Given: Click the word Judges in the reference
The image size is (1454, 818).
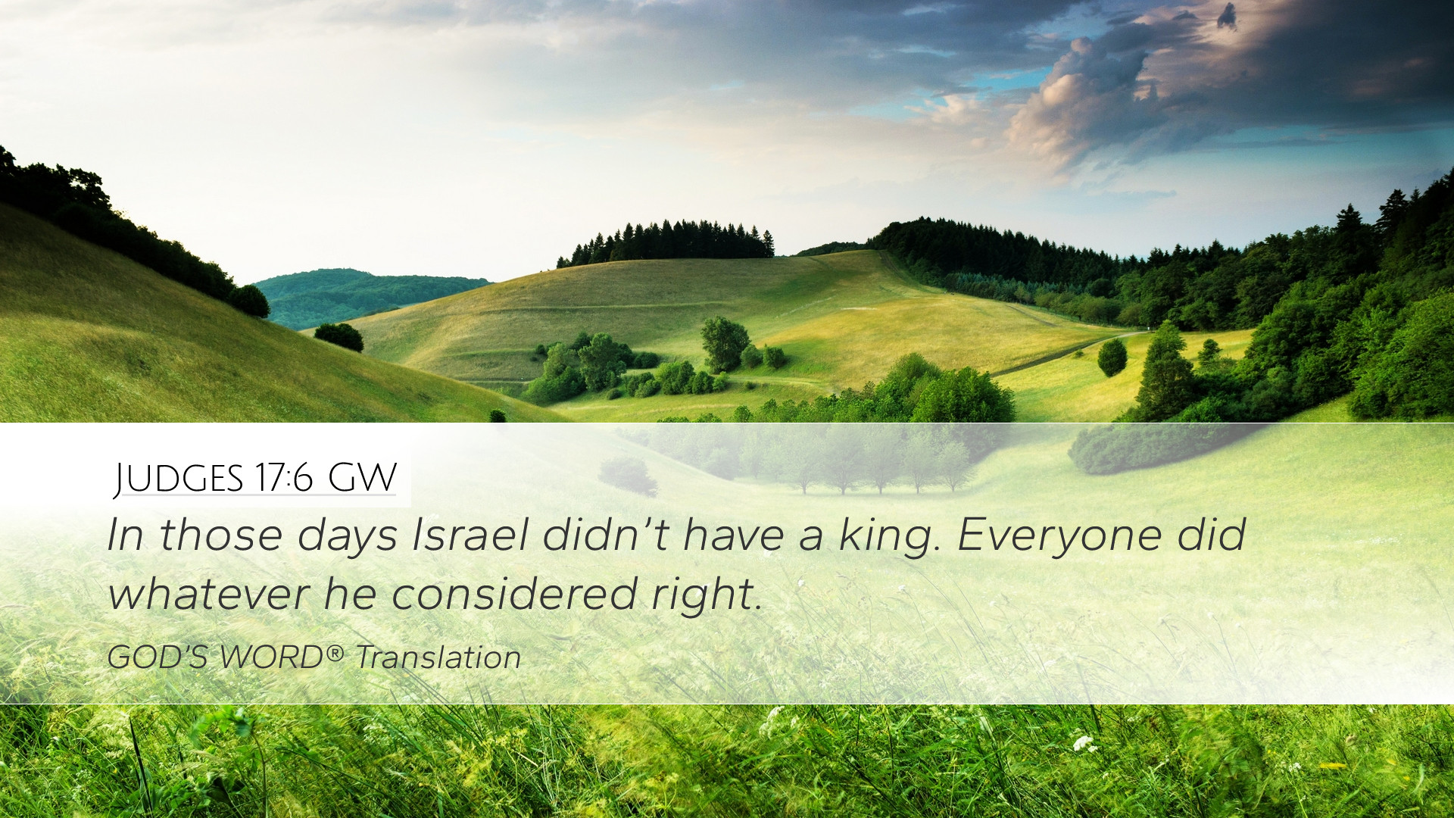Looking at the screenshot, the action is pos(179,479).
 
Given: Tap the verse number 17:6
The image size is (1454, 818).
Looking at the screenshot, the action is pos(284,478).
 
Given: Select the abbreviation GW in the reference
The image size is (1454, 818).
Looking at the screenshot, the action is pos(362,478).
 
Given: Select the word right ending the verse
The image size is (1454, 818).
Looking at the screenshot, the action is pos(706,595).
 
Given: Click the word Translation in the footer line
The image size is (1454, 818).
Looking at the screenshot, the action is pos(438,657).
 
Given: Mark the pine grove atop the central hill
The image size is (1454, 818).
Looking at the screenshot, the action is pos(666,242).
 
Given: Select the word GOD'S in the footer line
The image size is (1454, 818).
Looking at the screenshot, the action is pos(158,657).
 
